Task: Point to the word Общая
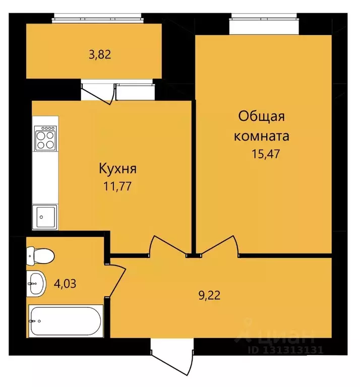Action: [x=262, y=116]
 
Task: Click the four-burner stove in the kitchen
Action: [x=45, y=138]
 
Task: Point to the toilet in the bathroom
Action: [x=39, y=256]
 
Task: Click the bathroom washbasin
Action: [x=37, y=284]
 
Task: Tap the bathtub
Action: [x=66, y=321]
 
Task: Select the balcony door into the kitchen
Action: [x=97, y=94]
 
